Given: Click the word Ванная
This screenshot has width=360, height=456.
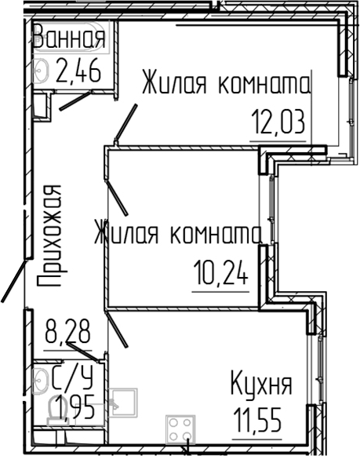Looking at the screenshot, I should point(68,38).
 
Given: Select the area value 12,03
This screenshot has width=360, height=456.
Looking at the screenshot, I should point(277,122).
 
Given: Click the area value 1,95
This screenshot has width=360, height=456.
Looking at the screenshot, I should point(71,409).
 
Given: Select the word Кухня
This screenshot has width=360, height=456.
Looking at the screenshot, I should point(261,385).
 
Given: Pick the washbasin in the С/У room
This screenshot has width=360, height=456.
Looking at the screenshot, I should point(38,381).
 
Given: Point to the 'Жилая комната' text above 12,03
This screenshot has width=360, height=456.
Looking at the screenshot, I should point(227,84).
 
